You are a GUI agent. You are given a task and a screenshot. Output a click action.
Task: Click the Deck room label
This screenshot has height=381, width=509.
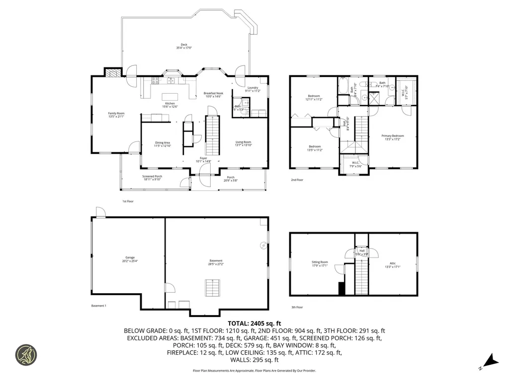point(184,47)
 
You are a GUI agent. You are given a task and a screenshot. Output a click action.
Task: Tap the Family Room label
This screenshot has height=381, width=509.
point(116,115)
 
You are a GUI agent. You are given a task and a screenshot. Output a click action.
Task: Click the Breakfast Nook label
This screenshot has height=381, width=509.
point(213,95)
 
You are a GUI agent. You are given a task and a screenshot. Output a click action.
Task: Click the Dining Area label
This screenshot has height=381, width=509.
point(162,144)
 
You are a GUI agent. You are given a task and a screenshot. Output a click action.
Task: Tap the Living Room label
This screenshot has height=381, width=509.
point(244,143)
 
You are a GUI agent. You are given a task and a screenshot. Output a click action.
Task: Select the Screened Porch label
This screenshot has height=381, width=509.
point(152,178)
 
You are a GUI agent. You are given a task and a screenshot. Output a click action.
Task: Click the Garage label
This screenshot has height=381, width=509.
point(130,259)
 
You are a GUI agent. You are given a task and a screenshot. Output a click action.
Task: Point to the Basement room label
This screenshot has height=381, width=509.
point(216,262)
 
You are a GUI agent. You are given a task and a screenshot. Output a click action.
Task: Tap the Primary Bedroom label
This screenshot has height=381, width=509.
point(392,137)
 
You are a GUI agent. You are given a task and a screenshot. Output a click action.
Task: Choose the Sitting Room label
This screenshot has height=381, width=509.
point(320,263)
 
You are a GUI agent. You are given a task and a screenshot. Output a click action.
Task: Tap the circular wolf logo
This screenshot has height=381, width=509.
point(26,355)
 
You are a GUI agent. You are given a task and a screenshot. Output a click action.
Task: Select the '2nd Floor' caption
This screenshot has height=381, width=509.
point(297,180)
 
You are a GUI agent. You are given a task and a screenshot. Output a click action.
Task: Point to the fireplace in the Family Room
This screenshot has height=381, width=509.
point(113,72)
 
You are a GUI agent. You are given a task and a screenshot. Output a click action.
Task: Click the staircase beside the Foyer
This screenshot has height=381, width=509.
point(212,134)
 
